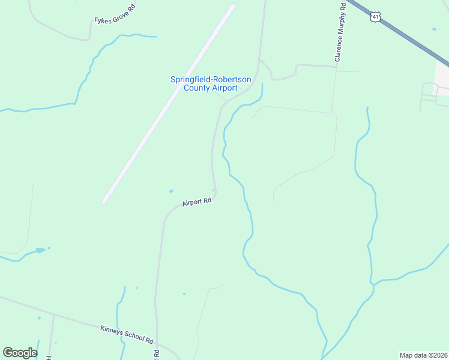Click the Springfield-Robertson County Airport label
pos(210,83)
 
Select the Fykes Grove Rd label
pos(115,20)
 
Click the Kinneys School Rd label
pos(127,334)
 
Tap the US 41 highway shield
pos(375,17)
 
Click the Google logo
pos(20,353)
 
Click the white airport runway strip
pos(169,103)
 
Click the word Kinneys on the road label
pos(112,329)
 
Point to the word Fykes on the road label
pos(102,20)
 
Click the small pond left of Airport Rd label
pos(171,191)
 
